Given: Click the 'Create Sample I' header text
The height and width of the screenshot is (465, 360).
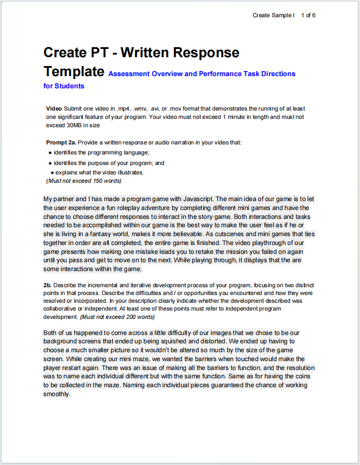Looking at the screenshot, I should tap(273, 15).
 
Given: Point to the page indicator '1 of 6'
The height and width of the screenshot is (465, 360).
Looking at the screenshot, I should tap(308, 15).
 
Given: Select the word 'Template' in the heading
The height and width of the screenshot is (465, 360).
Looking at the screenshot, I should tap(74, 72).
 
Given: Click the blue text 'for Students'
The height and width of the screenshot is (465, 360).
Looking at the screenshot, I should tap(64, 86).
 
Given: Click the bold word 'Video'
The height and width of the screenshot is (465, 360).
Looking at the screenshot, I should tap(54, 108).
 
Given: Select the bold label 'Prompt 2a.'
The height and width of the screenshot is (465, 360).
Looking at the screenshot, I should tap(61, 142).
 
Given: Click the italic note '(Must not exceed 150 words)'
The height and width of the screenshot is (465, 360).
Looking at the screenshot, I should tap(84, 181).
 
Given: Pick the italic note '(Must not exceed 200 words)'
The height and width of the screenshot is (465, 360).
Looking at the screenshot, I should tap(117, 317).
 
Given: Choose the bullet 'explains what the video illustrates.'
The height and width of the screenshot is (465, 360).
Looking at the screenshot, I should tap(99, 172).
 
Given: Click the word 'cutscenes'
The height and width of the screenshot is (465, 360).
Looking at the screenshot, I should tap(253, 234).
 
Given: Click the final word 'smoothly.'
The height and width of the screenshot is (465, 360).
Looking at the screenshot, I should tap(57, 394).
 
